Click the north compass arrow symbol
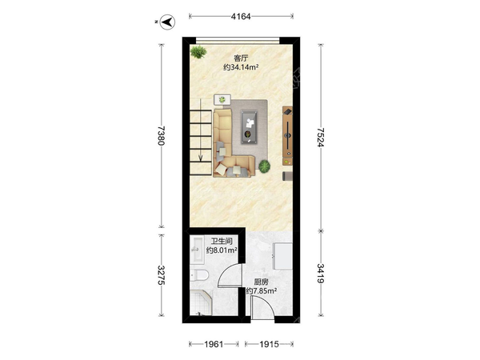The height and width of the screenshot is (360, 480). tap(167, 22)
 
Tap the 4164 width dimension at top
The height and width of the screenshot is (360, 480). tap(241, 17)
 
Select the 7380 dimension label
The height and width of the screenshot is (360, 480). tap(162, 136)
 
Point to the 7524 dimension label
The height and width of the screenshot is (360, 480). tap(320, 138)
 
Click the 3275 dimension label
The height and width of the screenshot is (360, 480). tap(162, 275)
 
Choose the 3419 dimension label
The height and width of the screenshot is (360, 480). tap(320, 274)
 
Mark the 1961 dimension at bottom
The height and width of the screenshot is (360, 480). tap(214, 344)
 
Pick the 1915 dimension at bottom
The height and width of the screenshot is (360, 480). tap(269, 344)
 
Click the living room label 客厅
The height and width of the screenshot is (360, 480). tap(241, 58)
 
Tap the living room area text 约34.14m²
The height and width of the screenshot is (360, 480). tap(241, 67)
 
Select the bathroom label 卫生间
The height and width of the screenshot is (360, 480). tap(222, 242)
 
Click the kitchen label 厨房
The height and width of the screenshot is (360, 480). tap(261, 282)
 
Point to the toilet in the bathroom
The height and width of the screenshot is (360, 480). tap(199, 275)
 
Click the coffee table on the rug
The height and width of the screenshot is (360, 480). tap(249, 126)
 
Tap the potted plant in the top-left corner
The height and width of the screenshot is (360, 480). tap(198, 52)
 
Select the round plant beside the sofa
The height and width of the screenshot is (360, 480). tap(264, 166)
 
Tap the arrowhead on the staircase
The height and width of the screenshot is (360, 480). tap(201, 158)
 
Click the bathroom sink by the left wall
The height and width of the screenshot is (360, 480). tap(197, 250)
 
